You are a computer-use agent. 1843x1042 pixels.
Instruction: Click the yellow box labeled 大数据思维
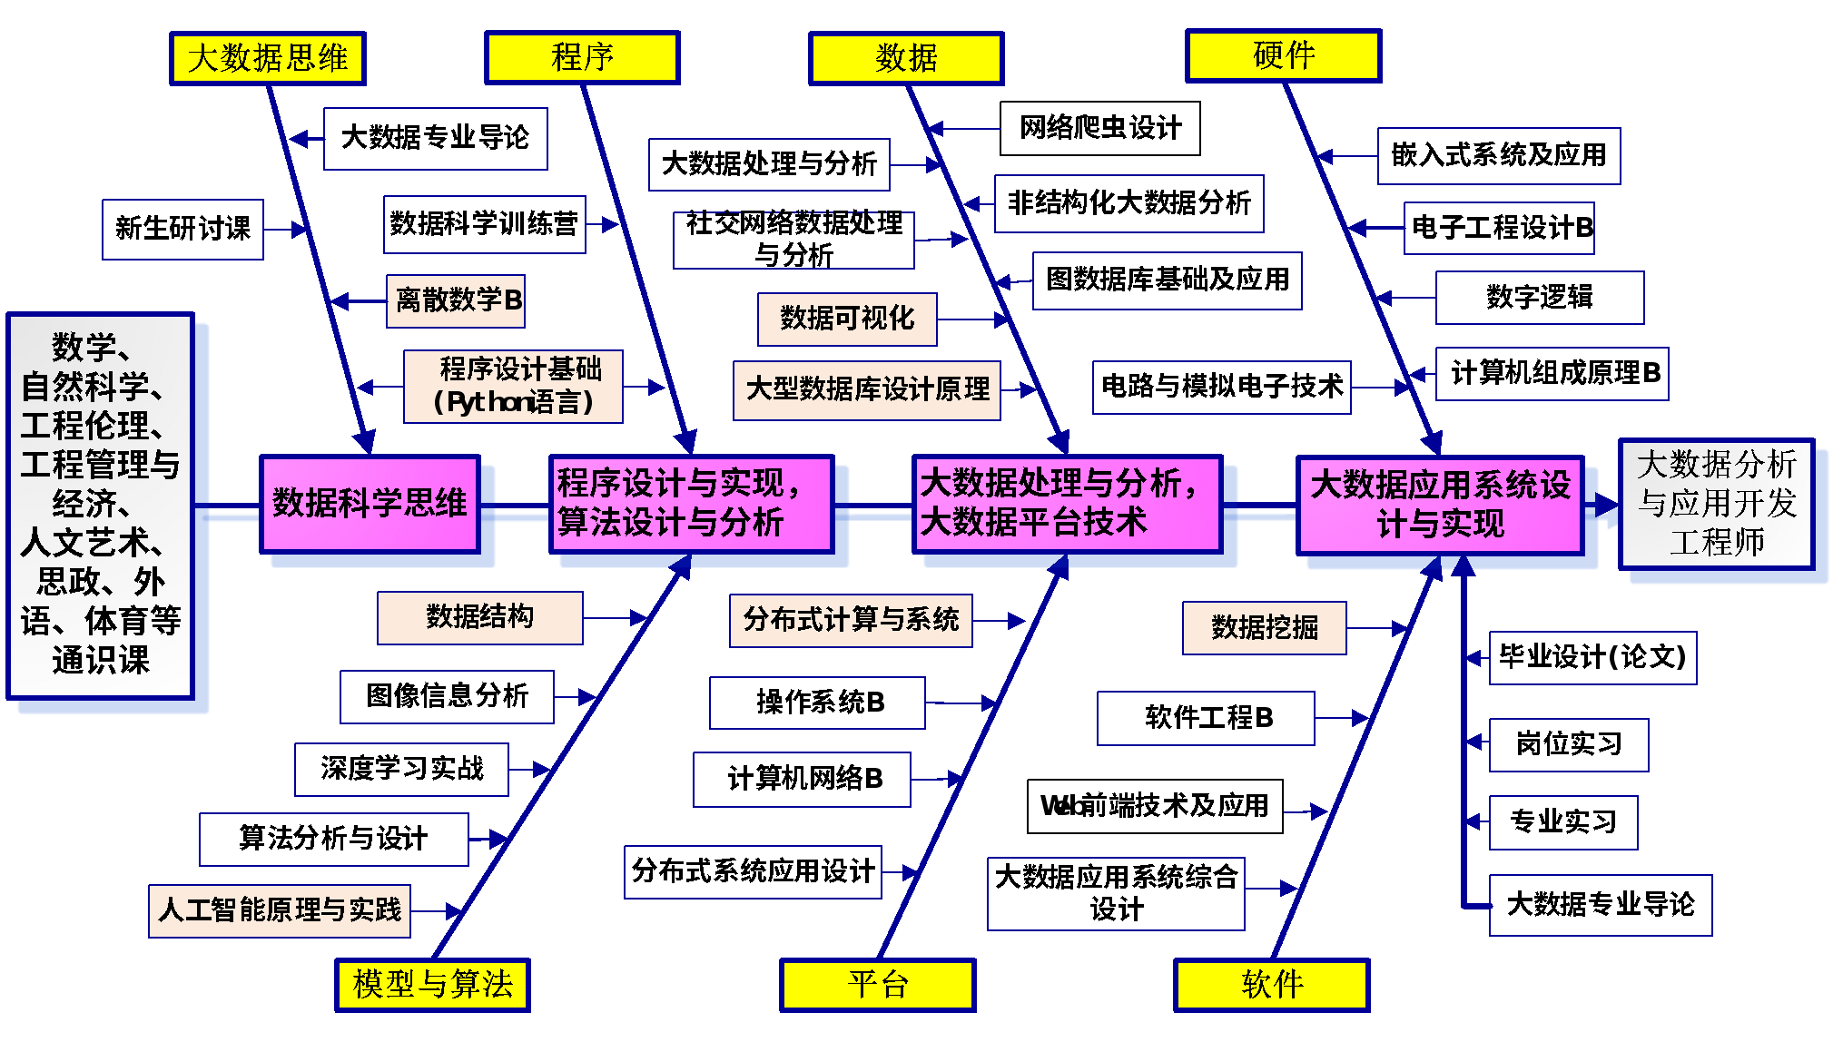268,59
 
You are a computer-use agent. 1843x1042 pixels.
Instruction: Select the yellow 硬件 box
1284,55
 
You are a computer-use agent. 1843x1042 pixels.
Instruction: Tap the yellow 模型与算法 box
432,985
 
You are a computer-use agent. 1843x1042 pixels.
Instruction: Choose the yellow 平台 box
878,985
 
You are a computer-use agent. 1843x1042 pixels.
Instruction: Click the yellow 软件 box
1272,985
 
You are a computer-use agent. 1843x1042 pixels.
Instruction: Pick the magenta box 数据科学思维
370,504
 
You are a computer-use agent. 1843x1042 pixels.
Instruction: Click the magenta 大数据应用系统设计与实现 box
1441,505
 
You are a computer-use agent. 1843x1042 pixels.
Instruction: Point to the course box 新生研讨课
182,229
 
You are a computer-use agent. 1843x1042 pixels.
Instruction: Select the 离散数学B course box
456,300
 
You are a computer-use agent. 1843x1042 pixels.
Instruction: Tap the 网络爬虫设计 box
1100,128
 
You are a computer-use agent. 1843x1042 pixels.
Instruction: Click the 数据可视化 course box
847,319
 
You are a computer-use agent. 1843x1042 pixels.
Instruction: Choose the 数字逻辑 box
1540,297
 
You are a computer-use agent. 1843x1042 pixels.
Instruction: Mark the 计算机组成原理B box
1552,373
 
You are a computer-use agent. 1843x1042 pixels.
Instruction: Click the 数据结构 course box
480,617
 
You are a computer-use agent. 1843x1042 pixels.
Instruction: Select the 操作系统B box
817,703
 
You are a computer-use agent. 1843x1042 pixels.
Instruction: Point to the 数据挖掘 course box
1265,627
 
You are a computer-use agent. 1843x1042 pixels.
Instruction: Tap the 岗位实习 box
1569,745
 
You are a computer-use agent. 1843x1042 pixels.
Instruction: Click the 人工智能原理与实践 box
280,910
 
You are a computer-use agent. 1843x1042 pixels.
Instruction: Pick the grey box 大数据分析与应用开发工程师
1717,504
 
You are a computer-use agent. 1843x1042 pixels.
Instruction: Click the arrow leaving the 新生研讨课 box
286,230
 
